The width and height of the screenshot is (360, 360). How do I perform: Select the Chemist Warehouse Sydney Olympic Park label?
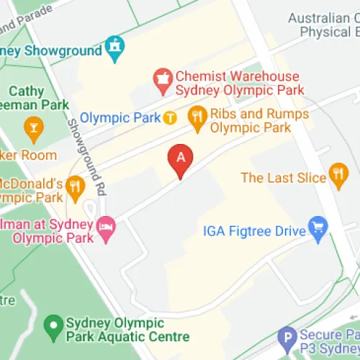point(238,84)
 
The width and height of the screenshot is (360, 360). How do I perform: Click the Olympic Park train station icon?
point(170,117)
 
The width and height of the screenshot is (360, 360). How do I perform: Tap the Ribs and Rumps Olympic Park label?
point(259,121)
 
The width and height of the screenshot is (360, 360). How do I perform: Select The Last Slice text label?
point(283,177)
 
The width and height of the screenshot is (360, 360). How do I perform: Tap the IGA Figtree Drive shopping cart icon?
point(317,228)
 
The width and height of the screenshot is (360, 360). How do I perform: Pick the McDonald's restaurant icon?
point(75,188)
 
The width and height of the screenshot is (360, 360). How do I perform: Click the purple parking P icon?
point(288,337)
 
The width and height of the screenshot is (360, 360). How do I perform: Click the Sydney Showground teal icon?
point(114,48)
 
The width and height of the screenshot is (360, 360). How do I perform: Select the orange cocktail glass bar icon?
point(32,130)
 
